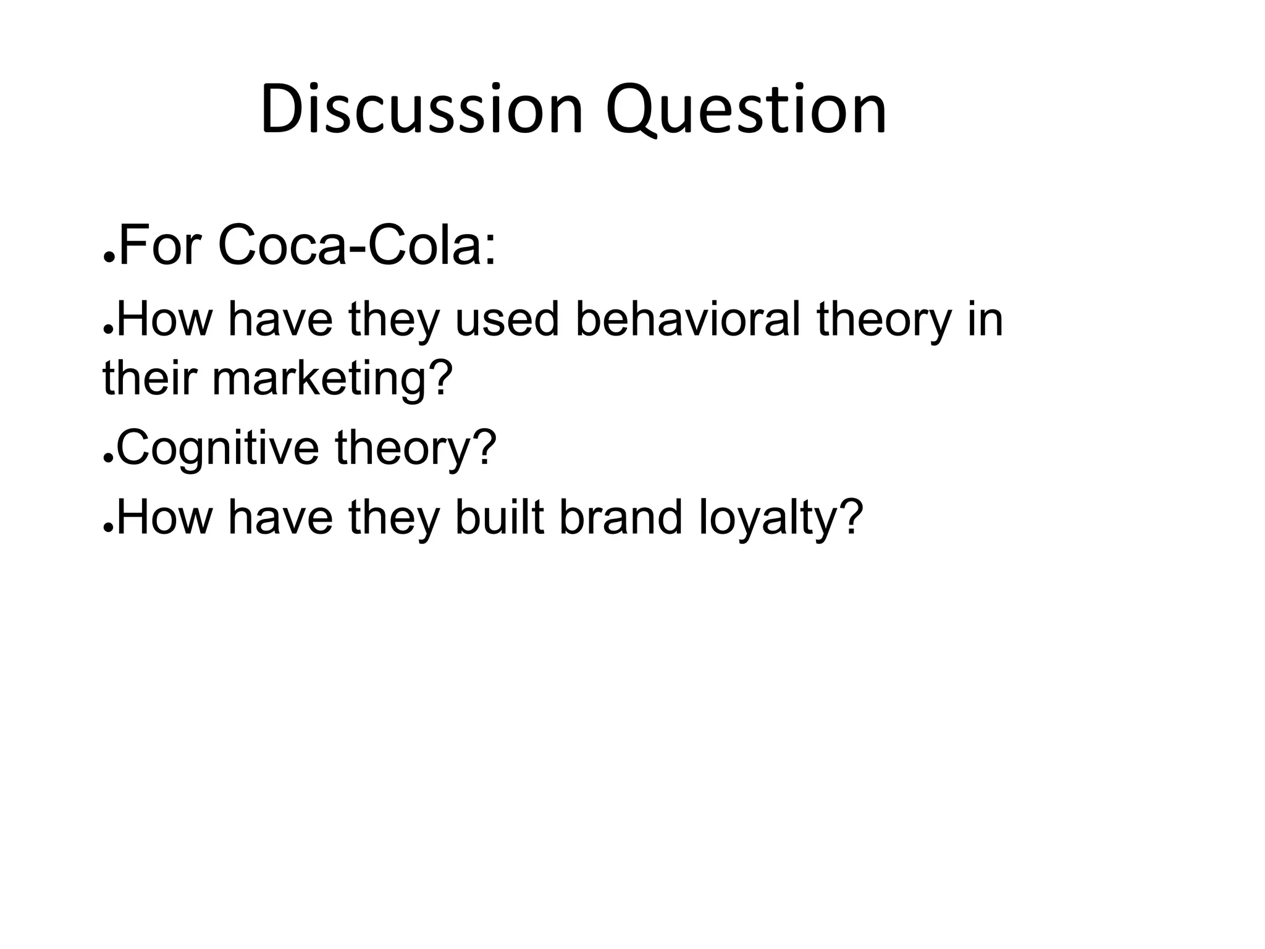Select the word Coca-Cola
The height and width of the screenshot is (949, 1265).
tap(356, 246)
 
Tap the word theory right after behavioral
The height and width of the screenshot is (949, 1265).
tap(884, 321)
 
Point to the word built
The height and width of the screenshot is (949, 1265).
tap(499, 517)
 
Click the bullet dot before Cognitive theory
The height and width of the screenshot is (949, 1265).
tap(107, 460)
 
